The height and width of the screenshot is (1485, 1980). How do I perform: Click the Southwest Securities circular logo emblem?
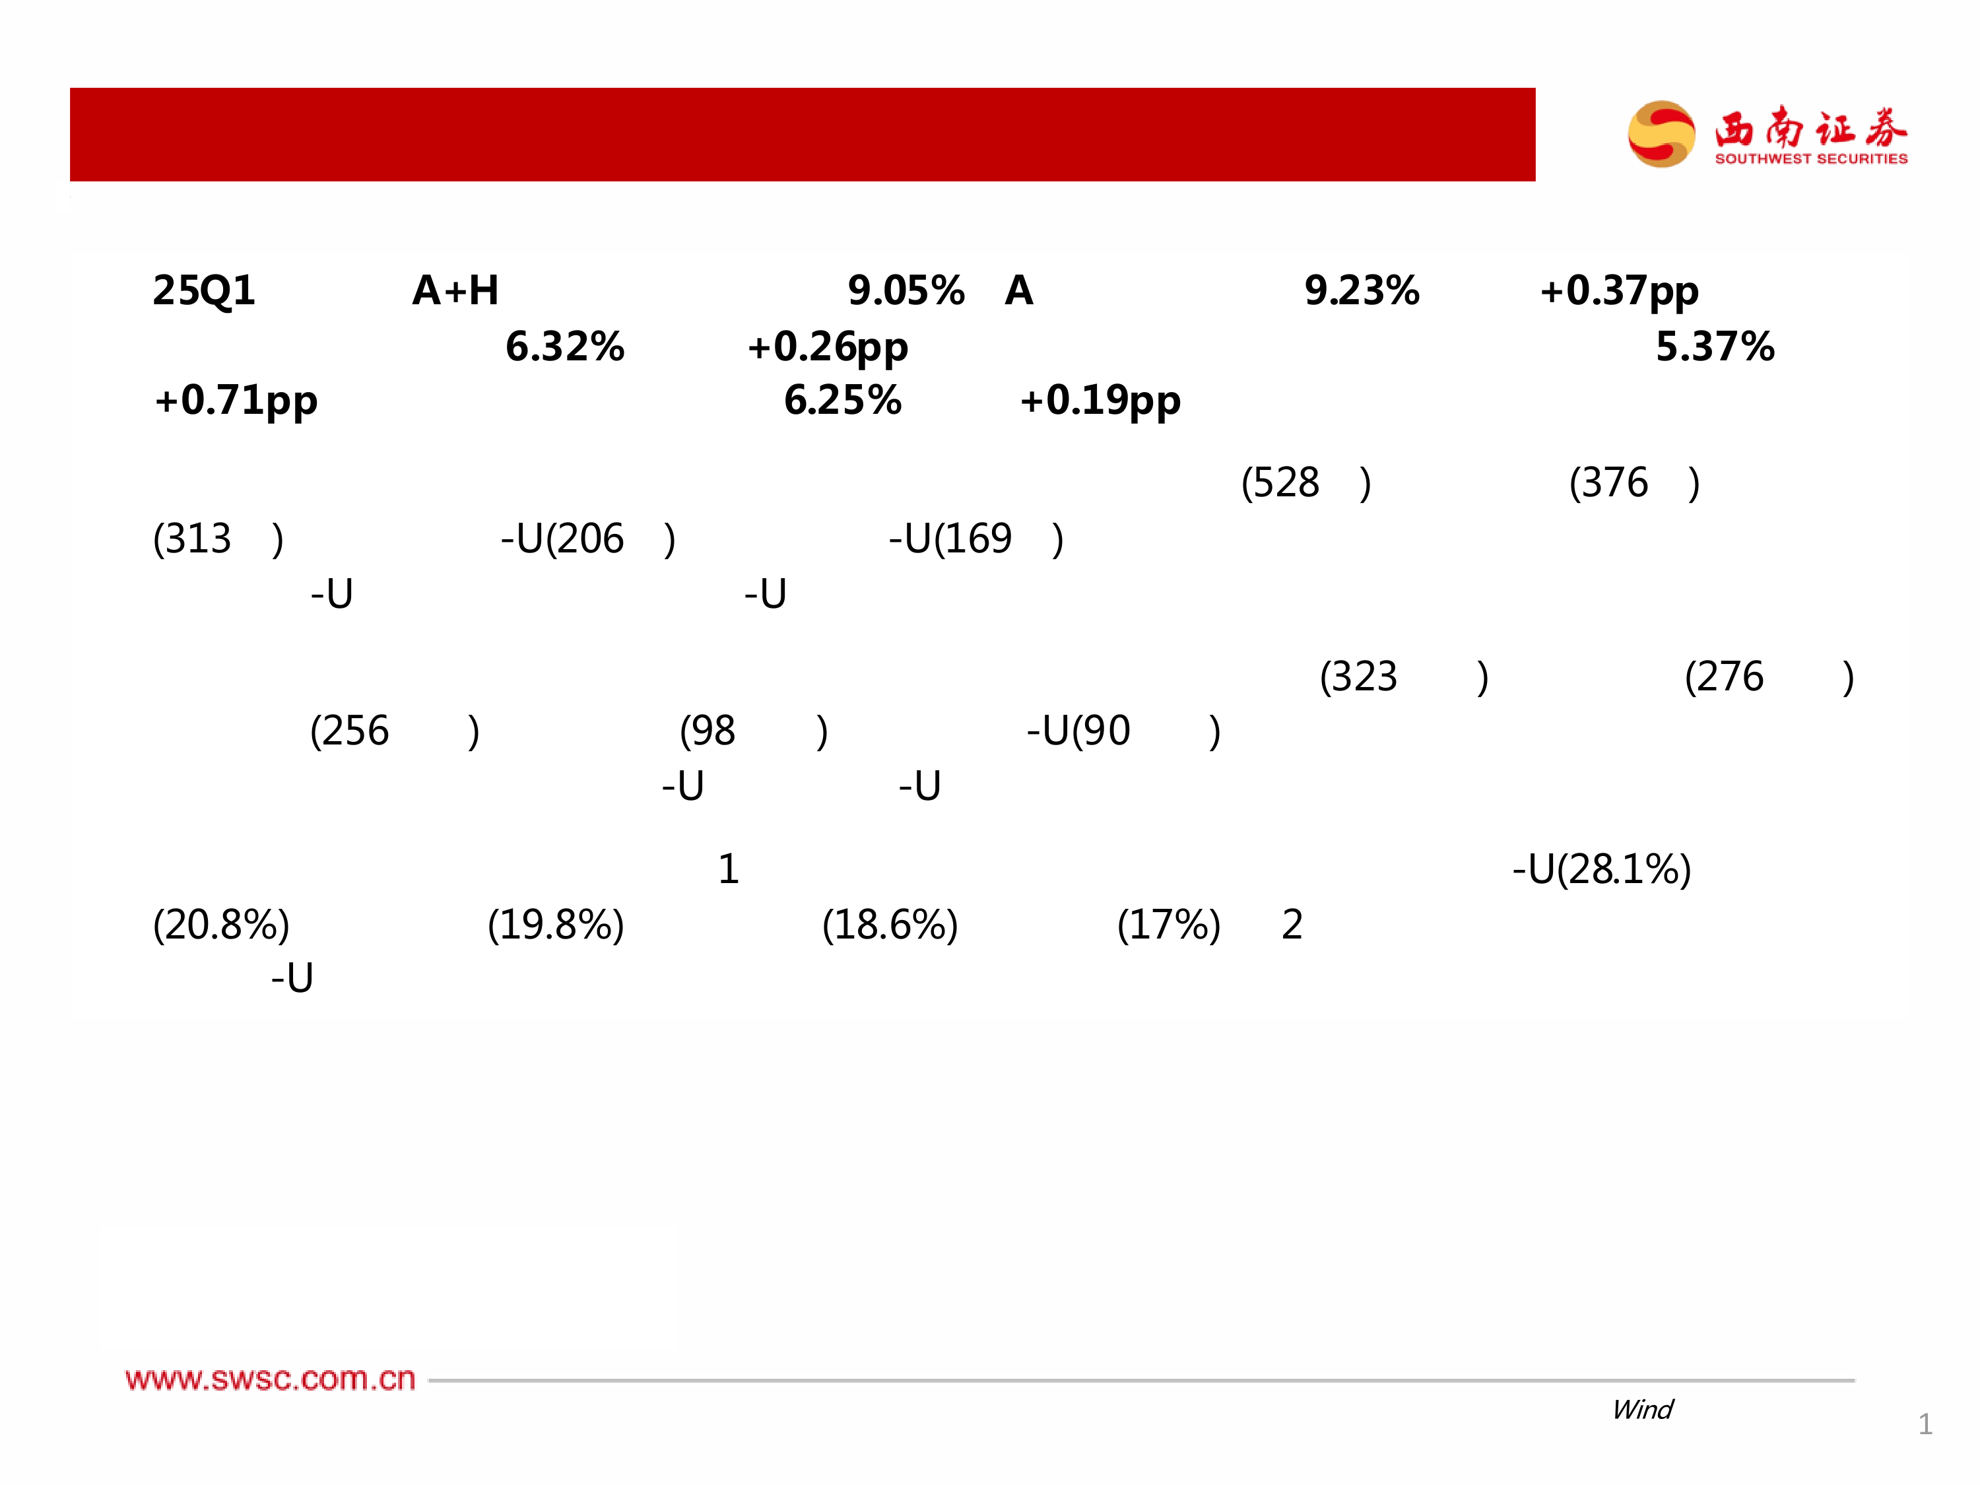[1661, 134]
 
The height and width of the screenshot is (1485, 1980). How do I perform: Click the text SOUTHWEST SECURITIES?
[1811, 158]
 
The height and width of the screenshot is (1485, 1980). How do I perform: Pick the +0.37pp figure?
[1618, 292]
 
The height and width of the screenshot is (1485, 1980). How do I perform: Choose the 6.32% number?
[565, 346]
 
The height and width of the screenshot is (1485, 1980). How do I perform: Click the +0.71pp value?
[236, 401]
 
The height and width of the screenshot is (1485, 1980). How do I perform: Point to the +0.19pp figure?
[1100, 401]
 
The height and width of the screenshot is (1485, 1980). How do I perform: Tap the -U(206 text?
[561, 539]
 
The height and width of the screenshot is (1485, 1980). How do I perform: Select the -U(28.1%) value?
[1601, 869]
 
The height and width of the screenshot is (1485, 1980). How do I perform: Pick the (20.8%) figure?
[221, 925]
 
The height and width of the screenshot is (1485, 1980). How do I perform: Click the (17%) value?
[1168, 925]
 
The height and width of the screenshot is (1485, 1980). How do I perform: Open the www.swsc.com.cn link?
[271, 1379]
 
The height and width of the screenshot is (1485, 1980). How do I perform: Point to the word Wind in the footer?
[1641, 1410]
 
